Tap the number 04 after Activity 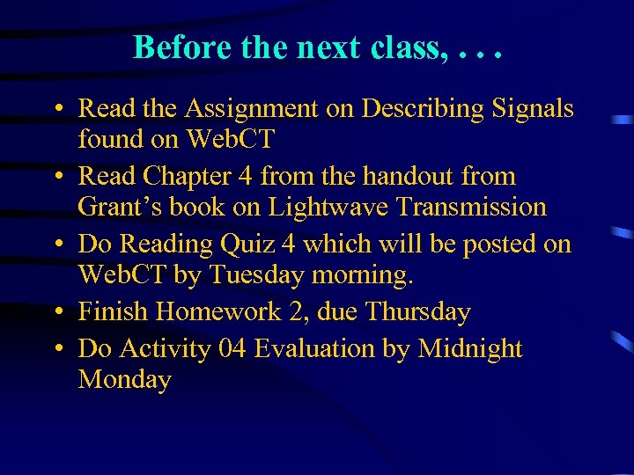click(x=232, y=349)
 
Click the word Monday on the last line click(x=124, y=380)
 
